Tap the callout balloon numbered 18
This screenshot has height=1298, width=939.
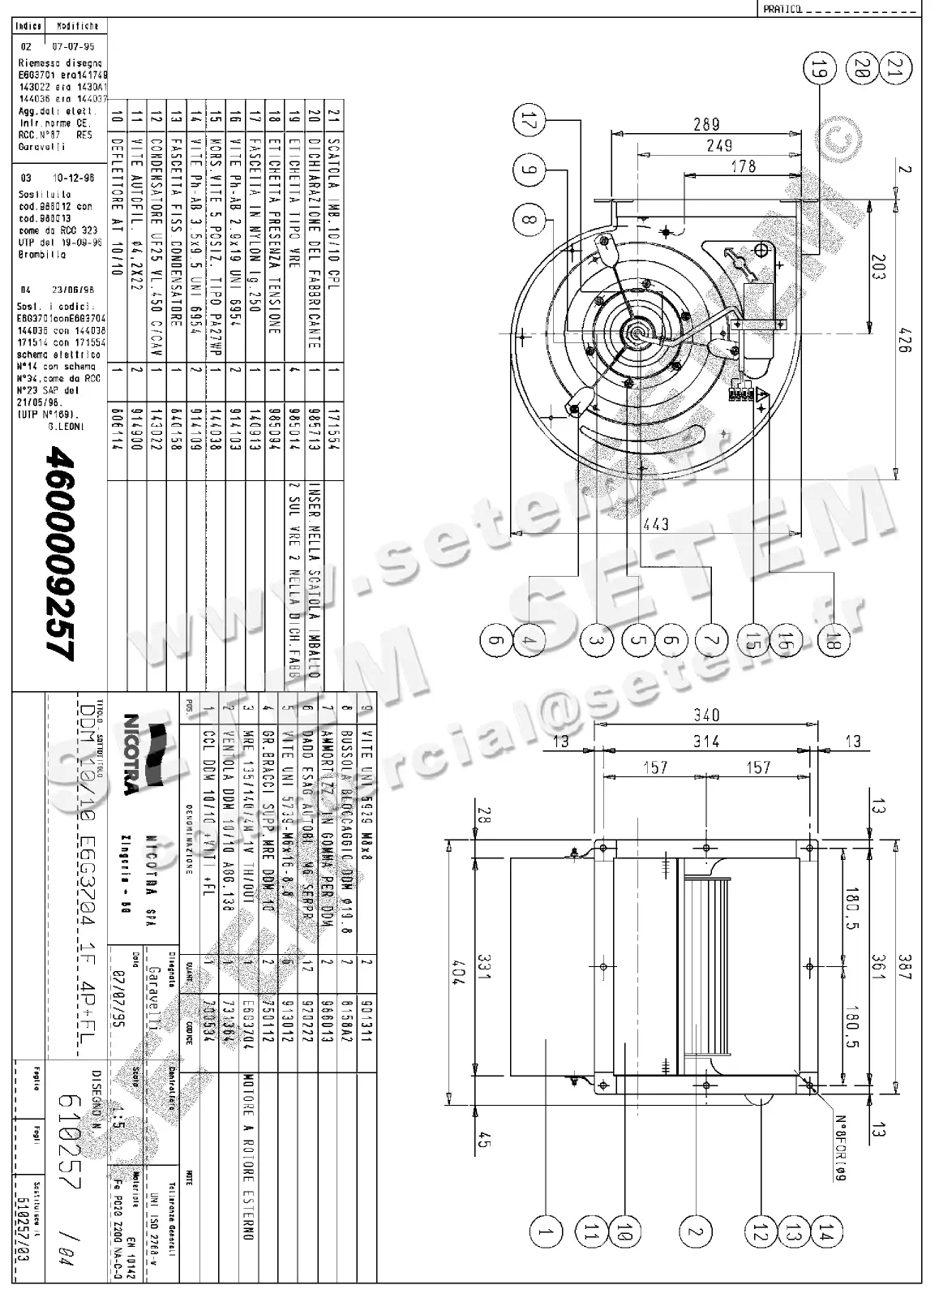pyautogui.click(x=837, y=641)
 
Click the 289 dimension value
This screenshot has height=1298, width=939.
pyautogui.click(x=706, y=123)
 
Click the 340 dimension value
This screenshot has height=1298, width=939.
pyautogui.click(x=706, y=715)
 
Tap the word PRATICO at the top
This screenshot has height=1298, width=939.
pyautogui.click(x=783, y=9)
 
